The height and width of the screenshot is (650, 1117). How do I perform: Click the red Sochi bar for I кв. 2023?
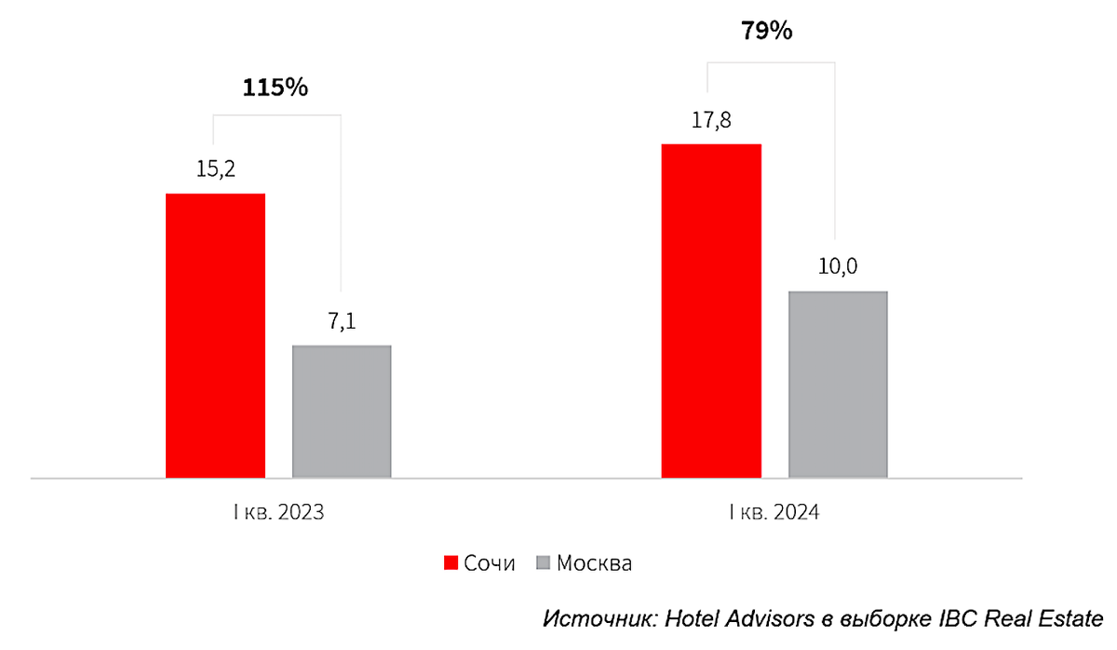215,335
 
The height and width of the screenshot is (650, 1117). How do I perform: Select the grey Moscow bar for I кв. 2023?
342,412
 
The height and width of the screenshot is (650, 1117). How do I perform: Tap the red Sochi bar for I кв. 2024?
711,311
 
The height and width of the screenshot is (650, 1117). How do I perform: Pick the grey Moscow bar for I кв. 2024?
838,385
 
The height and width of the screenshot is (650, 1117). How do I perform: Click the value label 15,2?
215,170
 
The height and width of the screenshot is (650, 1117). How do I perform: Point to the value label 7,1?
342,322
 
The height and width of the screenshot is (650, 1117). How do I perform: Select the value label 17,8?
711,121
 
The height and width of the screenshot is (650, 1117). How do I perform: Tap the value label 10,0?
838,267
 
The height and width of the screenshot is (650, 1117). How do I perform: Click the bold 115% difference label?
275,88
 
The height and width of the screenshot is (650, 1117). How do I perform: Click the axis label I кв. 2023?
277,513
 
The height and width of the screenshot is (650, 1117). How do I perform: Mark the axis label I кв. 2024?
774,513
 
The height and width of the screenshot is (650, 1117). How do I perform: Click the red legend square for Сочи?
451,563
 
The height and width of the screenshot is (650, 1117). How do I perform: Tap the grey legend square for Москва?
545,563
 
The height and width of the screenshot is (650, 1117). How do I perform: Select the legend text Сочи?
490,563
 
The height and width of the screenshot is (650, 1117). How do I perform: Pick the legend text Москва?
594,563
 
